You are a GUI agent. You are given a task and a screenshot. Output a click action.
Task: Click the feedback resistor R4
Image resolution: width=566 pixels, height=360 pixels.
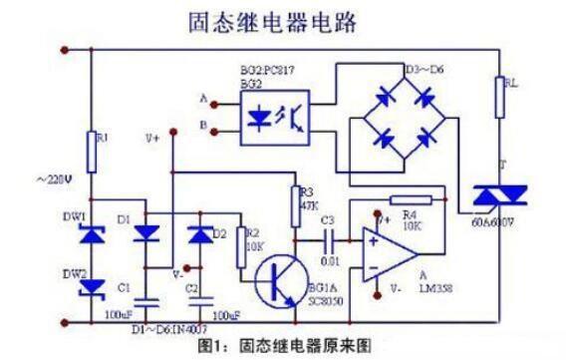411,198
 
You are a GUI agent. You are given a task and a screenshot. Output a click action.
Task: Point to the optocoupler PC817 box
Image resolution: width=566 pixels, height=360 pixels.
275,116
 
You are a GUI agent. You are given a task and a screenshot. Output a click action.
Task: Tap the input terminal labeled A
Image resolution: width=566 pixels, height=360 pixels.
205,99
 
